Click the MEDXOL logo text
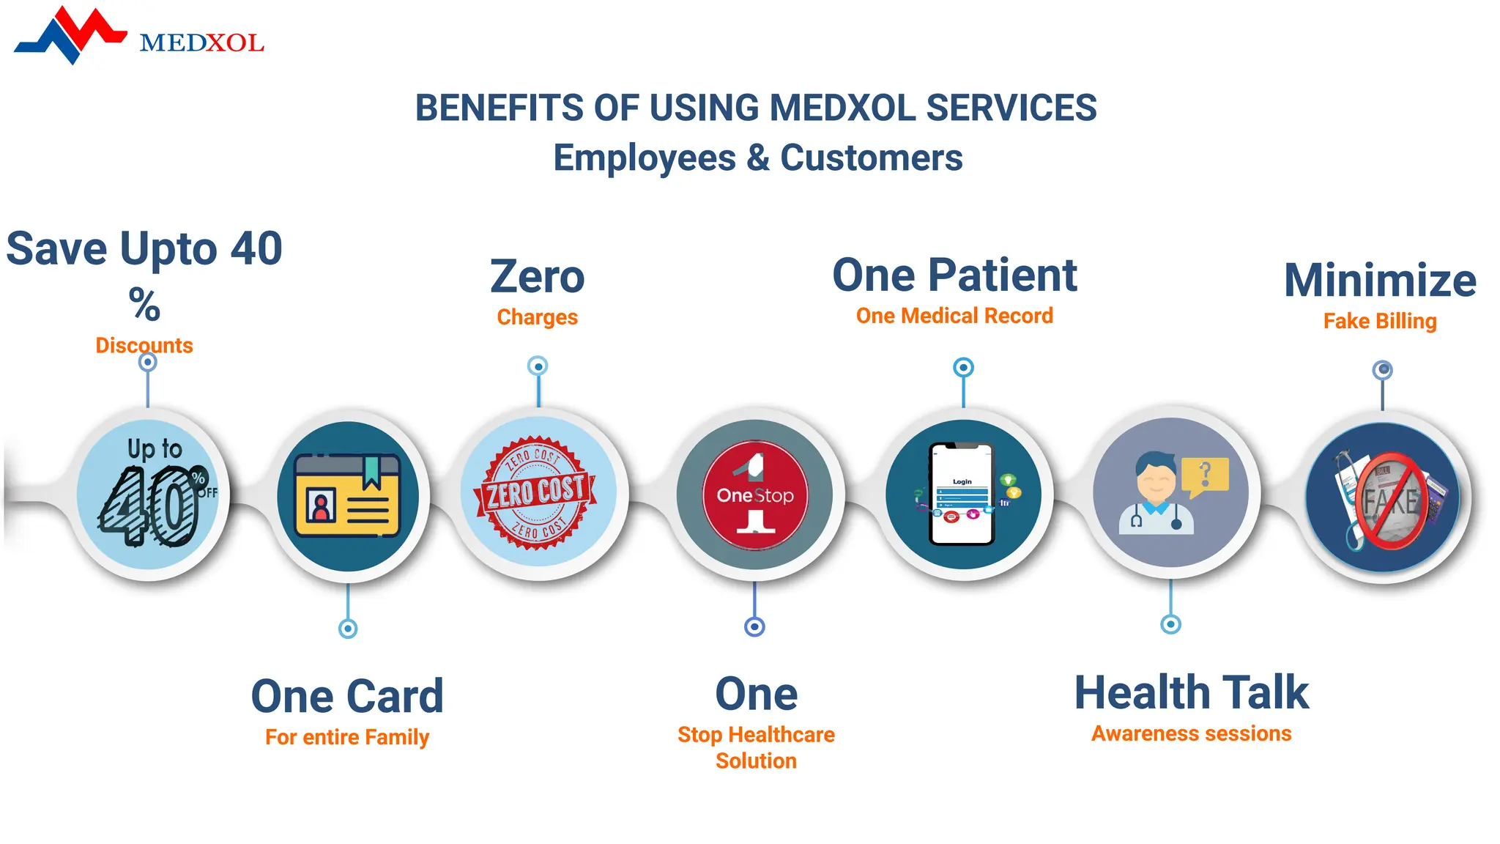click(x=201, y=43)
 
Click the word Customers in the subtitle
click(x=871, y=158)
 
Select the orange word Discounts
click(x=144, y=345)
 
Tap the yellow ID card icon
click(x=348, y=495)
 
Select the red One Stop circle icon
click(x=755, y=495)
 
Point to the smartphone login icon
click(x=962, y=495)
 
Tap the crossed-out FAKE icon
click(x=1383, y=498)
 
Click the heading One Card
click(x=347, y=696)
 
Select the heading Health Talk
click(x=1191, y=692)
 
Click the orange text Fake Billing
click(x=1380, y=321)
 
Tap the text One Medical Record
click(x=954, y=316)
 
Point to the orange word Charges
click(x=537, y=317)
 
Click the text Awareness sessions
click(x=1191, y=733)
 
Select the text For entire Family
click(x=347, y=736)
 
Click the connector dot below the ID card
click(x=348, y=629)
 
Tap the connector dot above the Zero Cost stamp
click(x=538, y=366)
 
